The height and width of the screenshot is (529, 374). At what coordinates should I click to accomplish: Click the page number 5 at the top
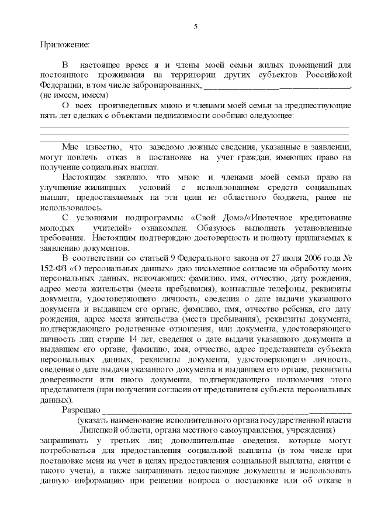pyautogui.click(x=196, y=26)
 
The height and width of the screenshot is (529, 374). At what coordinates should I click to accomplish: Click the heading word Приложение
pyautogui.click(x=65, y=44)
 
